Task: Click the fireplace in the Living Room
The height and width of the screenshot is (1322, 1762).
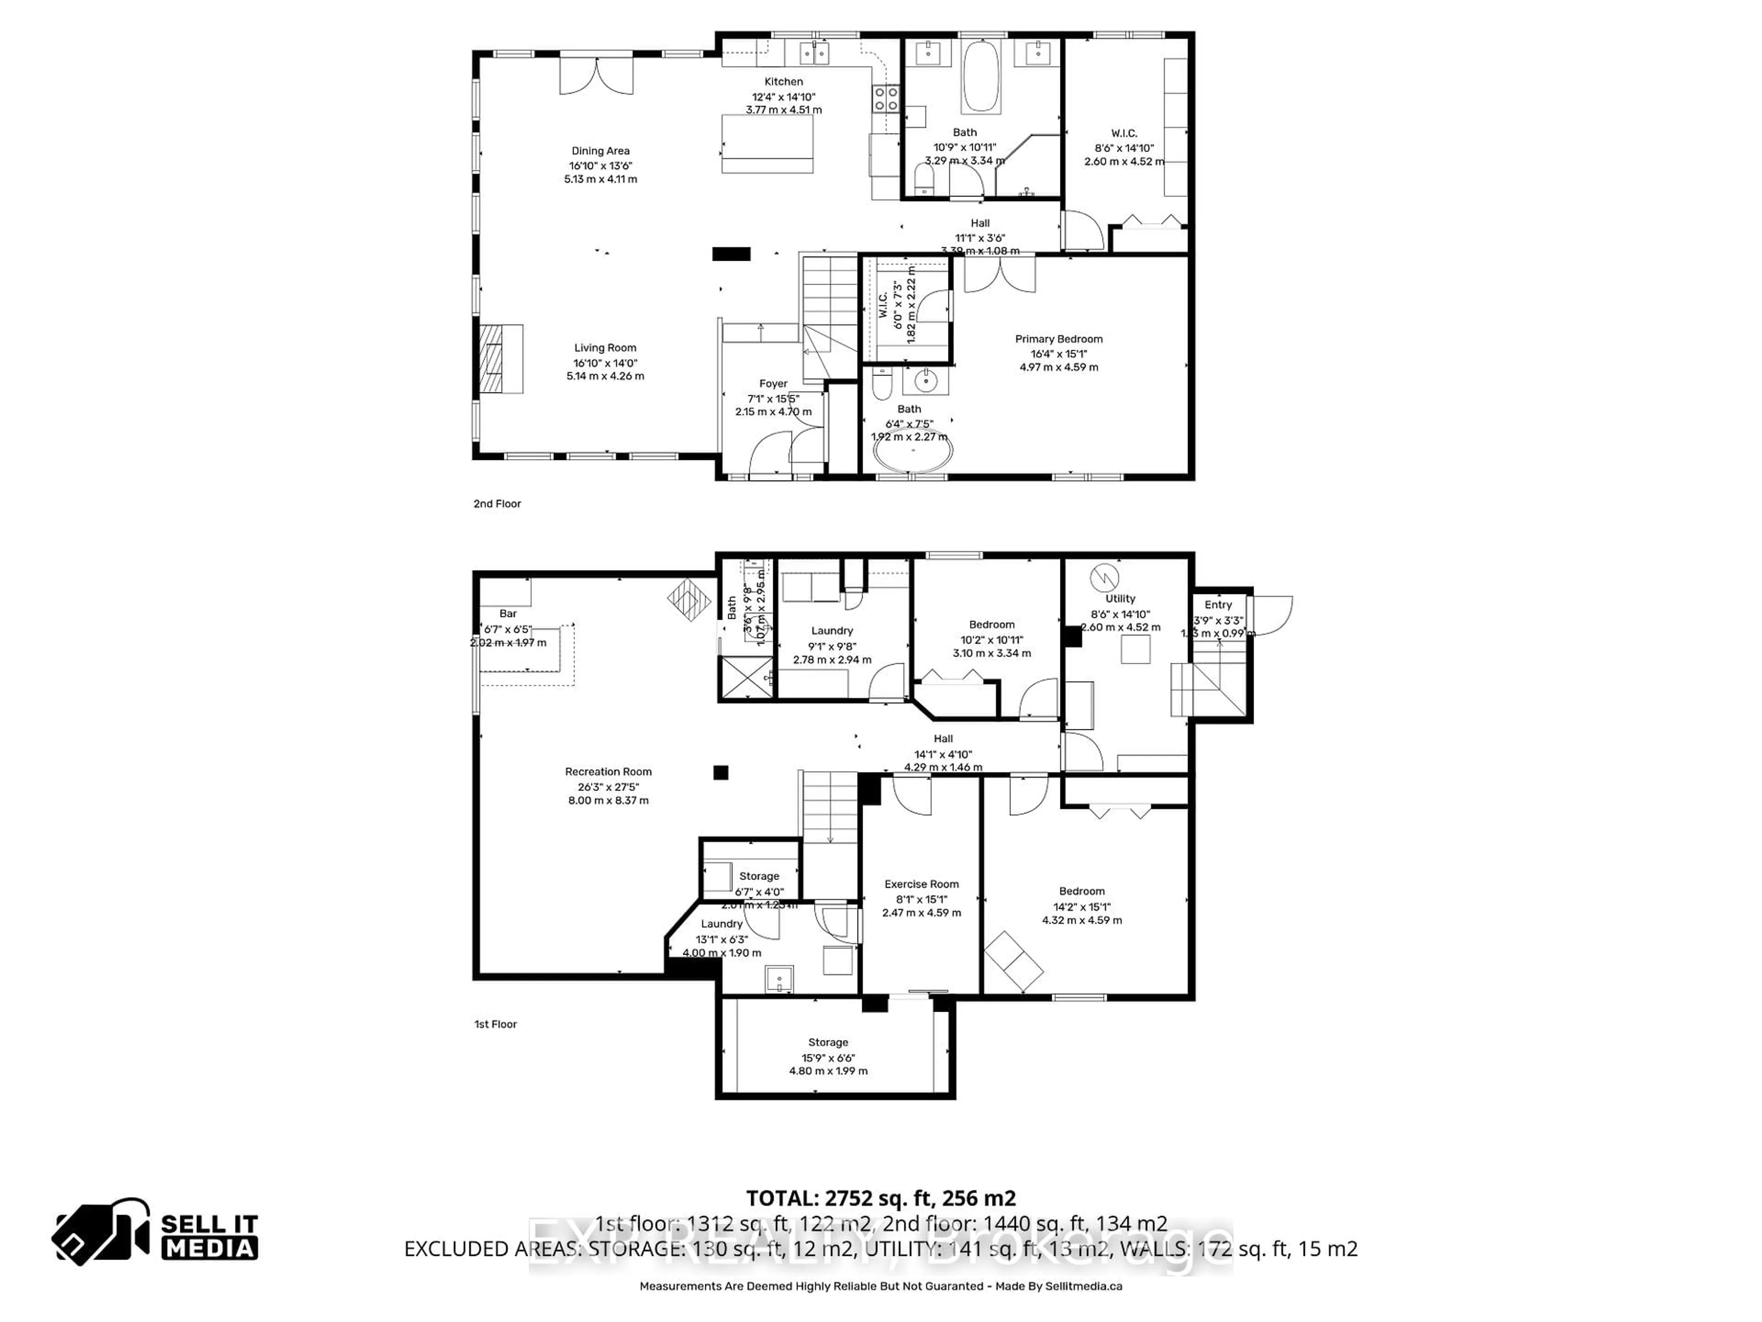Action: (500, 359)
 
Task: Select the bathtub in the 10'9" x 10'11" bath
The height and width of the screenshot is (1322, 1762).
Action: (981, 77)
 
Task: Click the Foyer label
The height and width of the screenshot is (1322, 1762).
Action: (773, 383)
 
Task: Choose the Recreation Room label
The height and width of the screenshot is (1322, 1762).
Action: (608, 771)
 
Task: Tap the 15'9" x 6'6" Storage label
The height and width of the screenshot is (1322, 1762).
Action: (828, 1042)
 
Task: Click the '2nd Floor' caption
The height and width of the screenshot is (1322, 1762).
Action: (497, 504)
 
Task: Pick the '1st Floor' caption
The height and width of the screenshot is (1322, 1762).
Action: (496, 1024)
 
